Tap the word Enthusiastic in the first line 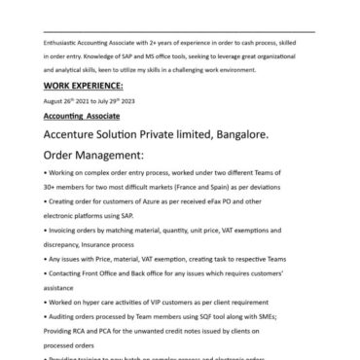62,44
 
